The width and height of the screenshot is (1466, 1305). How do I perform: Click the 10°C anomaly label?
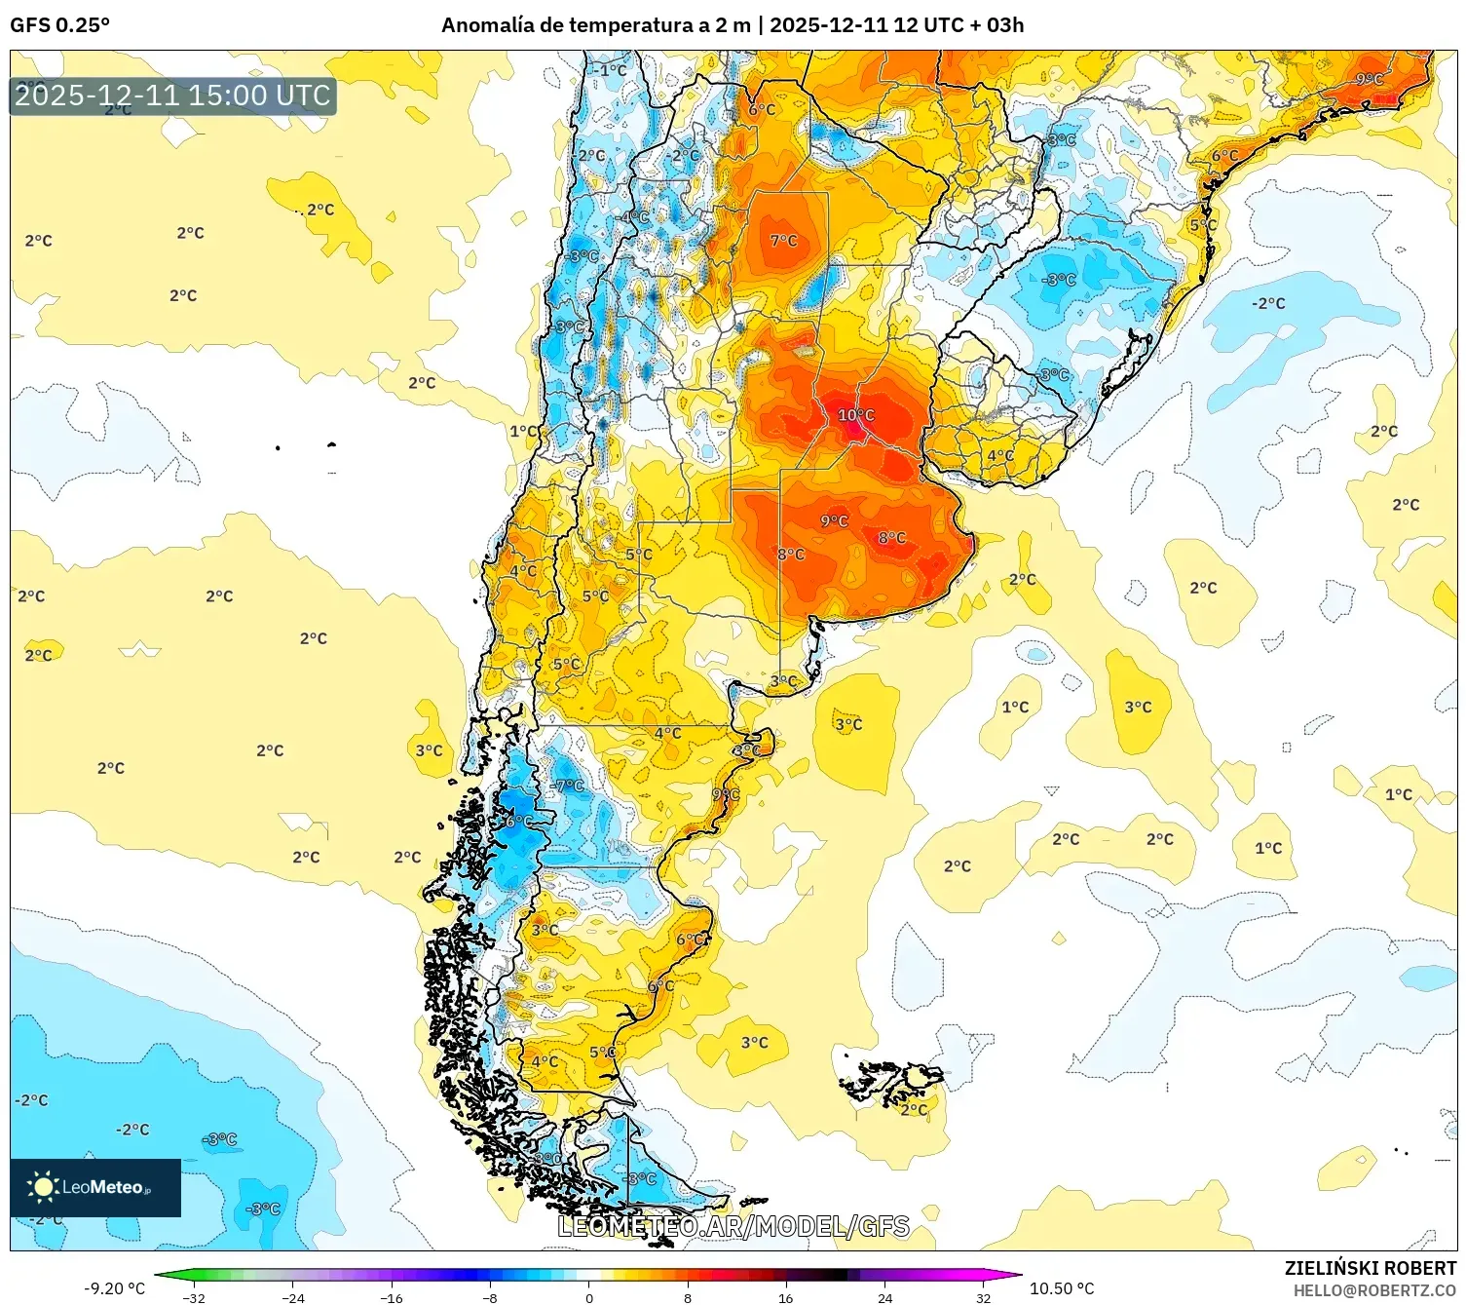[x=855, y=415]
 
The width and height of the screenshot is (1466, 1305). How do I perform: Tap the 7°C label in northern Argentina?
[x=783, y=240]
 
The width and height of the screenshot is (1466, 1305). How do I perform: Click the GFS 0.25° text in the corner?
[x=59, y=25]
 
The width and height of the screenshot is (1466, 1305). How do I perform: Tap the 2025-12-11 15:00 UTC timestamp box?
[x=172, y=96]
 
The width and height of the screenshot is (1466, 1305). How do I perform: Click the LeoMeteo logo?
[x=95, y=1187]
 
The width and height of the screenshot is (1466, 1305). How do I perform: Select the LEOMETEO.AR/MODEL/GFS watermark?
[x=733, y=1226]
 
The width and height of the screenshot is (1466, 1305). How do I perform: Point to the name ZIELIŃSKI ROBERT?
[x=1370, y=1268]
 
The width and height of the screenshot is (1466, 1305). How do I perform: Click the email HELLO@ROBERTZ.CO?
[x=1373, y=1290]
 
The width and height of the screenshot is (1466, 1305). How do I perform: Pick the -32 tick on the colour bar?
[x=194, y=1297]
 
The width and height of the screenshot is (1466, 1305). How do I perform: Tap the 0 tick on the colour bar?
[x=588, y=1297]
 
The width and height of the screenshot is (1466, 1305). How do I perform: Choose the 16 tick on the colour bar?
[x=785, y=1297]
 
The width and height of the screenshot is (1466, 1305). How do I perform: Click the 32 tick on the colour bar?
[x=983, y=1297]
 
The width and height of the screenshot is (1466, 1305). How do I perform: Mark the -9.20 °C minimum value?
[x=114, y=1288]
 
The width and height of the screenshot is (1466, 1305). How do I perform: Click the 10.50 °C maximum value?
[x=1062, y=1288]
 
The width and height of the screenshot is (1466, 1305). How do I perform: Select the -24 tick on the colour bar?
[x=292, y=1297]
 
